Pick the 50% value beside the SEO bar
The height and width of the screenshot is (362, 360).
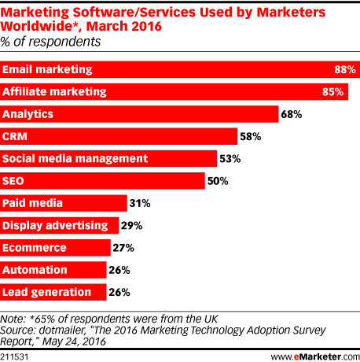tap(218, 181)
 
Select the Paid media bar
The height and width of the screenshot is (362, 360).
tap(63, 203)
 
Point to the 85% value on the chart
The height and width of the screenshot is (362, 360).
tap(334, 92)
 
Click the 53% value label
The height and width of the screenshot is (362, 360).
tap(229, 159)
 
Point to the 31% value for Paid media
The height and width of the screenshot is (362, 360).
tap(139, 203)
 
